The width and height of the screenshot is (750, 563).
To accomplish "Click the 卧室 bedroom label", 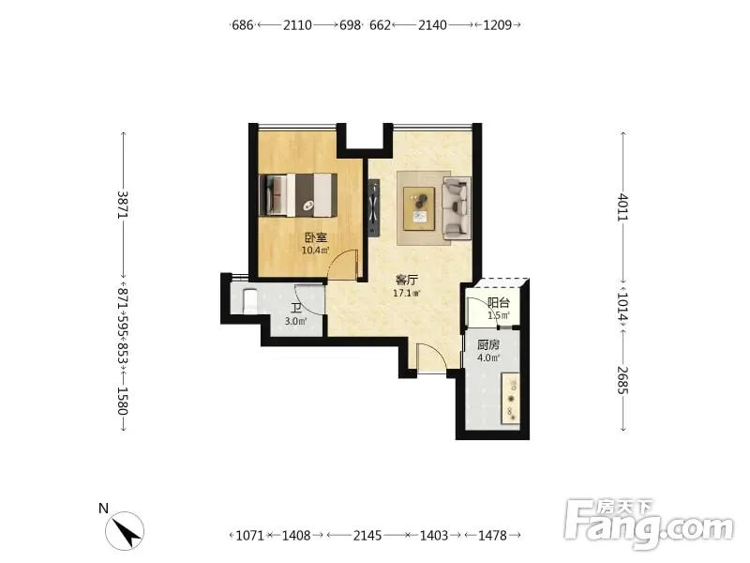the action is tap(316, 237).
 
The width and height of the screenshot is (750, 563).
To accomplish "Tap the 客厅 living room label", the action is tap(407, 280).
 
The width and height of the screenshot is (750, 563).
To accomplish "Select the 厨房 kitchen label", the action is tap(488, 345).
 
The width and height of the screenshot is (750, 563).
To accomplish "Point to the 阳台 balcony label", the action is tap(499, 302).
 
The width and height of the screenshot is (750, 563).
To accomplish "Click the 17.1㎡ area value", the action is tap(407, 293).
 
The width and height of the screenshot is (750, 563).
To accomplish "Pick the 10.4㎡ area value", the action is tap(315, 250).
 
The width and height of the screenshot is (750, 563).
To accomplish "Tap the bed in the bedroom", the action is tap(297, 195).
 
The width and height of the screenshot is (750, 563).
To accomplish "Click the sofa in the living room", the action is tap(457, 207).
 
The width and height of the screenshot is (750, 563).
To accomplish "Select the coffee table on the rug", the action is tap(419, 208).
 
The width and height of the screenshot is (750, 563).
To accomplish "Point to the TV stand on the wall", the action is tap(374, 207).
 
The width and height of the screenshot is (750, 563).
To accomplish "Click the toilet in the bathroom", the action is tap(249, 301).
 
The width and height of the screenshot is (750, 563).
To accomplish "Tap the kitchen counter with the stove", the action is tap(510, 398).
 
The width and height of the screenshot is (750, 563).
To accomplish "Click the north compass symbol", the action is tap(125, 531).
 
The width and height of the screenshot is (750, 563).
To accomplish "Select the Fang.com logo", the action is tap(649, 525).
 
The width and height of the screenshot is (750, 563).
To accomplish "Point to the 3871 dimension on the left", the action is tap(123, 205).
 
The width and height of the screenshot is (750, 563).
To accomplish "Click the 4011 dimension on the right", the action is tap(622, 206).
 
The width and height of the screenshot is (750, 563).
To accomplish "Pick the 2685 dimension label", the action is tap(622, 380).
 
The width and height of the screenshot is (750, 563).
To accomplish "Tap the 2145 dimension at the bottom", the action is tap(367, 535).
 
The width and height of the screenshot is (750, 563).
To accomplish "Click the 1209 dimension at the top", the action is tap(498, 25).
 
